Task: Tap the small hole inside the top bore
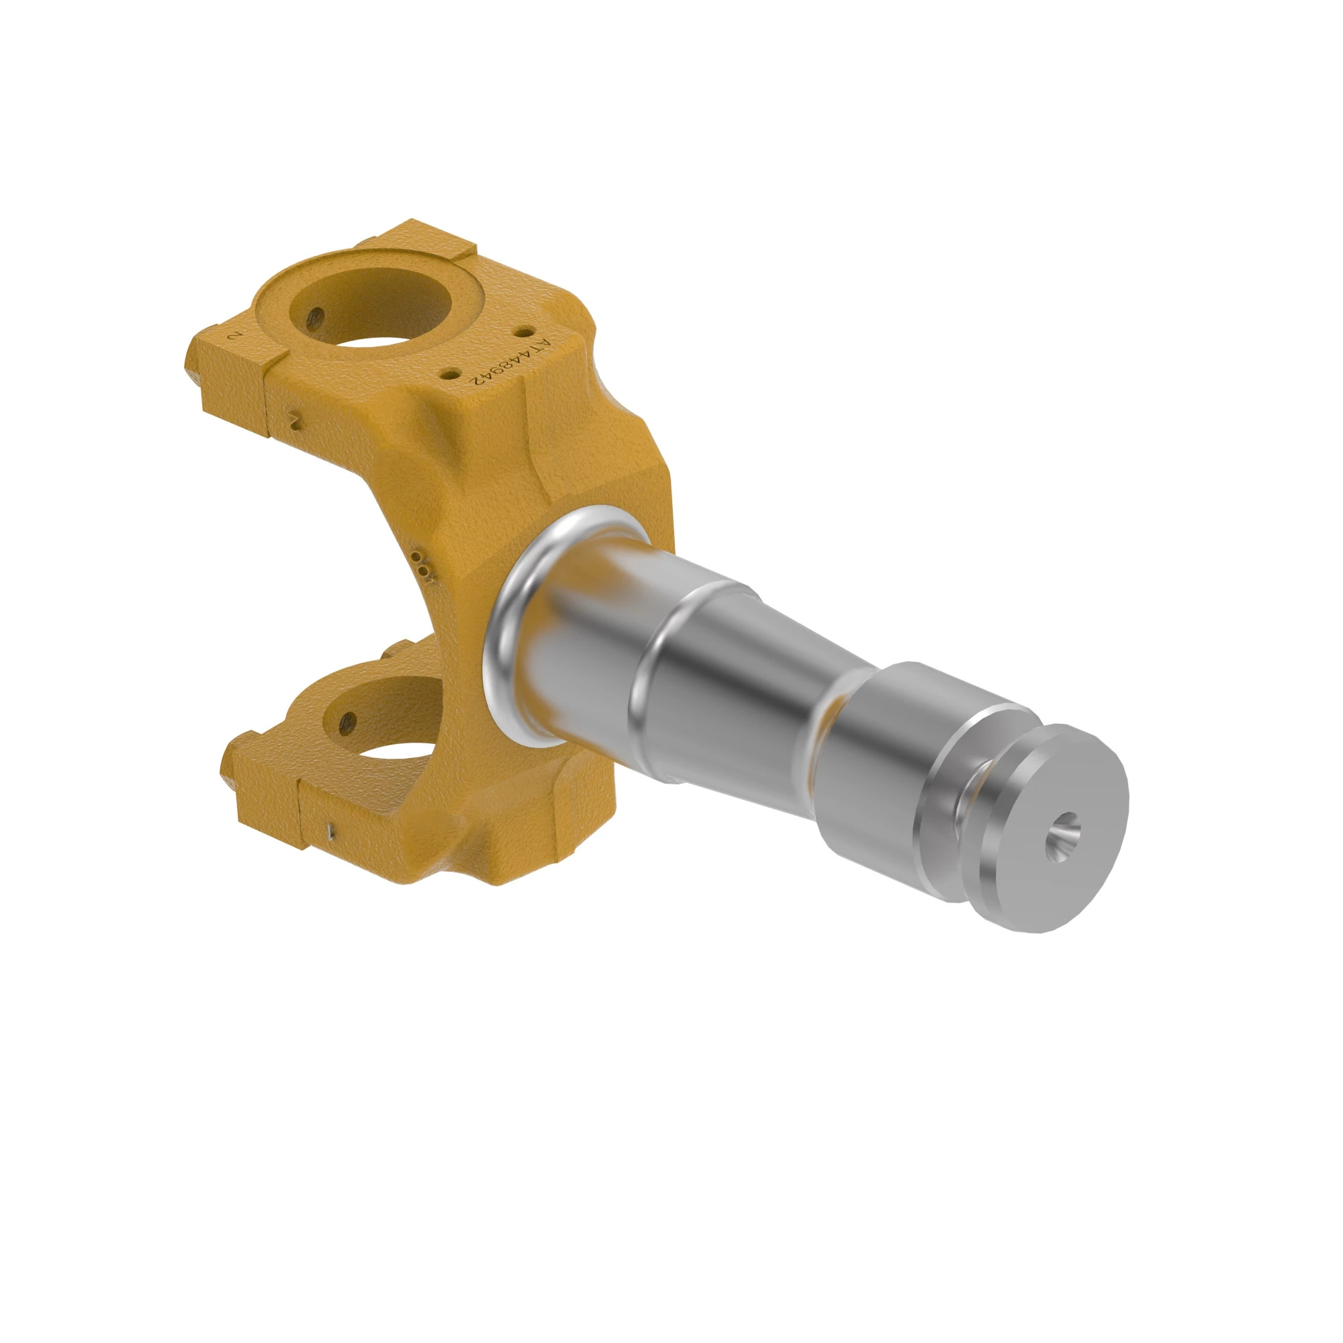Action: [315, 317]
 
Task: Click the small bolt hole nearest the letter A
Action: [522, 332]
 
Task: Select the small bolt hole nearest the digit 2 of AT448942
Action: [451, 373]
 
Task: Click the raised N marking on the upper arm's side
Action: [295, 421]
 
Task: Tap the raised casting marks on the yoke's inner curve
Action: [422, 565]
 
